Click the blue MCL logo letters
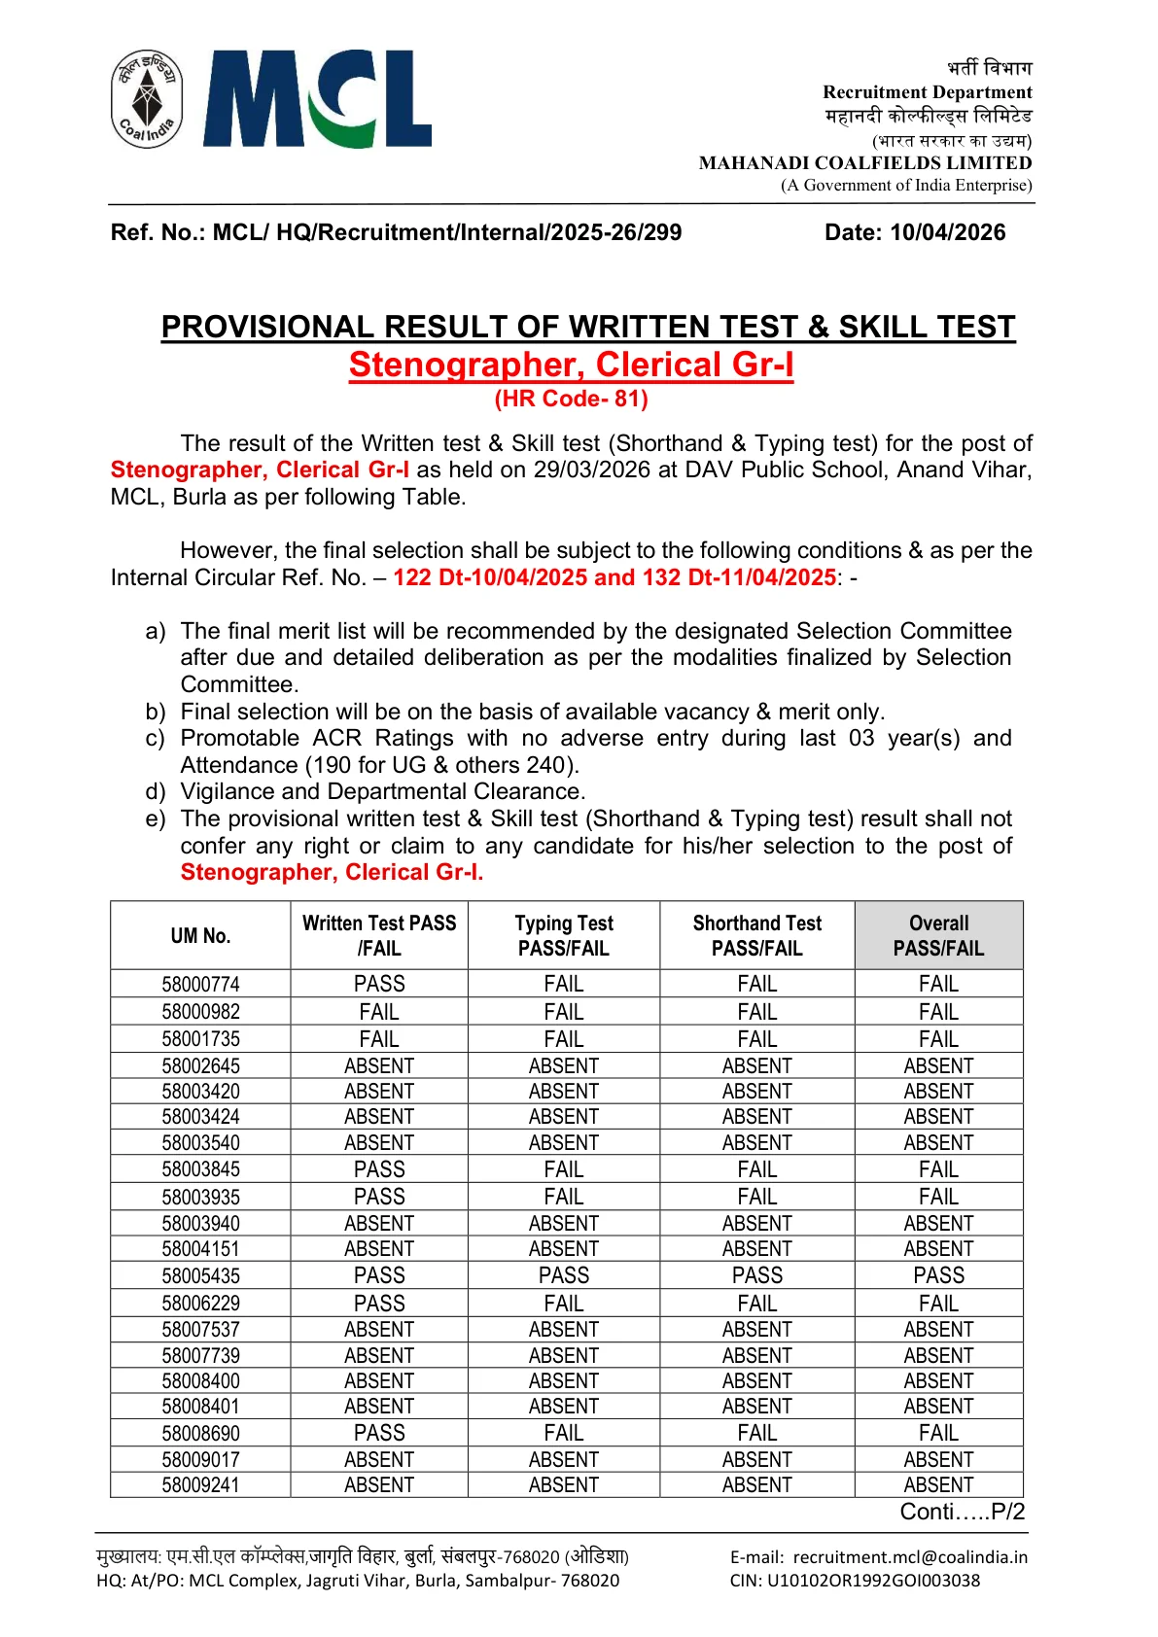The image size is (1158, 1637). pyautogui.click(x=317, y=99)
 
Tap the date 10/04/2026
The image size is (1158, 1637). pyautogui.click(x=947, y=232)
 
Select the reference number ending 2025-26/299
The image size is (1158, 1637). pyautogui.click(x=396, y=232)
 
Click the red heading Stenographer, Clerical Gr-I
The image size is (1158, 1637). pyautogui.click(x=571, y=365)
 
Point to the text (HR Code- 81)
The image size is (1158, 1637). pyautogui.click(x=571, y=399)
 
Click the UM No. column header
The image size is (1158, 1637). pyautogui.click(x=200, y=935)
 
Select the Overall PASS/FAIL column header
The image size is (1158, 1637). pyautogui.click(x=938, y=935)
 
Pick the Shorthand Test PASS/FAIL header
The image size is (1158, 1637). pyautogui.click(x=756, y=935)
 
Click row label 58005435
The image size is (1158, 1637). pyautogui.click(x=200, y=1275)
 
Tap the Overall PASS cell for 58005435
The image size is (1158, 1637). pyautogui.click(x=938, y=1275)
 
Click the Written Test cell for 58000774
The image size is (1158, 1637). pyautogui.click(x=379, y=984)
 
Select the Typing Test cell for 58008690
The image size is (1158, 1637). pyautogui.click(x=564, y=1433)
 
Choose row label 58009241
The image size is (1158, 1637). pyautogui.click(x=200, y=1485)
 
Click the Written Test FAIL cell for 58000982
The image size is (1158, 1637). pyautogui.click(x=379, y=1012)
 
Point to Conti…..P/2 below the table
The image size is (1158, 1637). pyautogui.click(x=962, y=1512)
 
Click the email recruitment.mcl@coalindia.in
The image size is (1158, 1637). pyautogui.click(x=909, y=1557)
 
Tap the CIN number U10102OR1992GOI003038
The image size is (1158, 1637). pyautogui.click(x=873, y=1581)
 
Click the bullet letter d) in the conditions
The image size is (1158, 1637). pyautogui.click(x=156, y=791)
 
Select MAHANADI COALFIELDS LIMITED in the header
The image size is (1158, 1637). pyautogui.click(x=864, y=163)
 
